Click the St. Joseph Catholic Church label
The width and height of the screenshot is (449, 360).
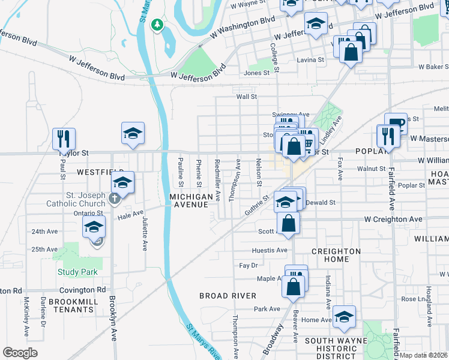pyautogui.click(x=77, y=199)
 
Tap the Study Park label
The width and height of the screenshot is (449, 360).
pyautogui.click(x=77, y=272)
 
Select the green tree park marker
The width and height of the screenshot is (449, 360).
pyautogui.click(x=157, y=25)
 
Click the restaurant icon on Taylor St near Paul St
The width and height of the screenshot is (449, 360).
pyautogui.click(x=63, y=139)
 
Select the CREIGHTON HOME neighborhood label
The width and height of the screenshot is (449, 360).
pyautogui.click(x=336, y=255)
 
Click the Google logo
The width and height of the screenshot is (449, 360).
pyautogui.click(x=20, y=352)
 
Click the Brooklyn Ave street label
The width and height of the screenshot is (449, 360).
pyautogui.click(x=112, y=318)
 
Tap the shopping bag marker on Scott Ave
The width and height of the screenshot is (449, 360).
pyautogui.click(x=289, y=223)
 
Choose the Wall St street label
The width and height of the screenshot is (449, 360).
pyautogui.click(x=246, y=96)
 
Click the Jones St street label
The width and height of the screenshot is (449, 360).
pyautogui.click(x=257, y=73)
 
